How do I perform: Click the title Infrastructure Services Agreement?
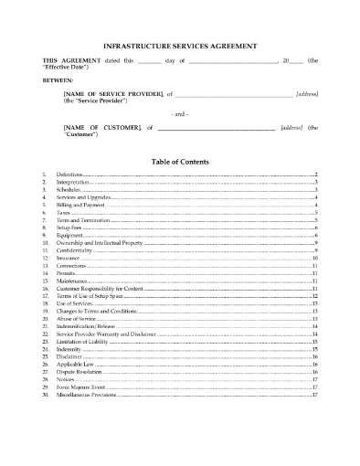[x=180, y=45]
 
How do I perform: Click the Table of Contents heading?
[x=180, y=162]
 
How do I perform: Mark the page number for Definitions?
[x=314, y=174]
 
